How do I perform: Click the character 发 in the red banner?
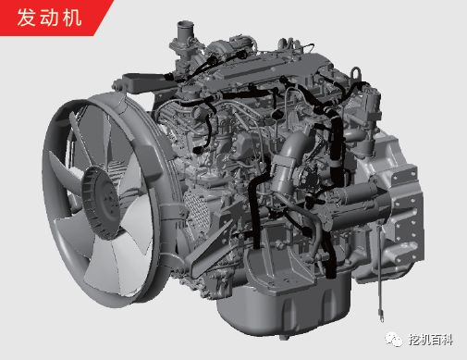point(26,18)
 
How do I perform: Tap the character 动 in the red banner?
point(49,18)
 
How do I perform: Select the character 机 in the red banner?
point(72,18)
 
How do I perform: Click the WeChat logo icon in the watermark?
point(394,340)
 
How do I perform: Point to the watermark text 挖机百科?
point(431,340)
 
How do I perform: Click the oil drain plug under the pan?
point(284,337)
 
